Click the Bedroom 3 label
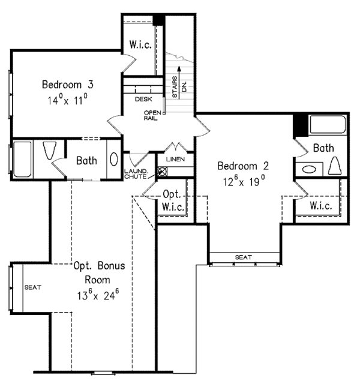68,83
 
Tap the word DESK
143,99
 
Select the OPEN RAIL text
150,115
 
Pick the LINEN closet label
175,159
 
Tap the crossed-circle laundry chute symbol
161,171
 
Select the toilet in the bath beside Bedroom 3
50,151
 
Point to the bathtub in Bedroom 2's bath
328,127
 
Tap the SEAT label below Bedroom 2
243,257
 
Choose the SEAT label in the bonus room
32,287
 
